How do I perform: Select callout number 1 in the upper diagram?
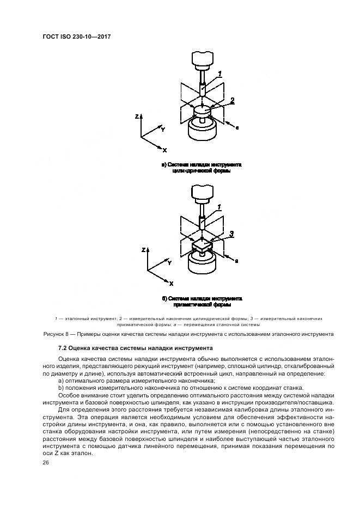[x=219, y=73]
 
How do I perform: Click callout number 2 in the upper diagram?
[x=232, y=100]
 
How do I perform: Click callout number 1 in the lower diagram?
[x=219, y=207]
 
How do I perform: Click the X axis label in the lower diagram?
[x=171, y=284]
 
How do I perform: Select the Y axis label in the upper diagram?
[x=162, y=130]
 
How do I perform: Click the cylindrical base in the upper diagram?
[x=202, y=130]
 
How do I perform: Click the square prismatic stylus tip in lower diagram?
[x=202, y=246]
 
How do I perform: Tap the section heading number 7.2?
[x=64, y=348]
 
